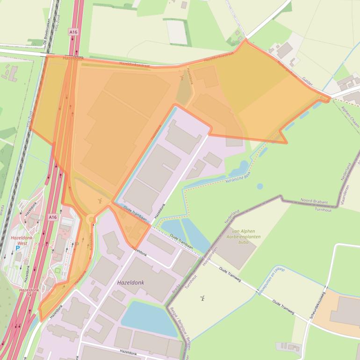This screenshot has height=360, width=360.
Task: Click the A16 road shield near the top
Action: tap(72, 32)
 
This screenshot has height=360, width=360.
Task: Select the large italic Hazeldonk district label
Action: tap(131, 283)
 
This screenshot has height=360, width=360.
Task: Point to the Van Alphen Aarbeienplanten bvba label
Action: tap(243, 236)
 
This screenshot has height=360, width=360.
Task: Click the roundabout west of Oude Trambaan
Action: tap(90, 219)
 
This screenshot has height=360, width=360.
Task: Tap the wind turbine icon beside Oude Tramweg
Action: tap(202, 298)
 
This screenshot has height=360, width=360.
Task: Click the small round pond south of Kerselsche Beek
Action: tap(259, 186)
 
